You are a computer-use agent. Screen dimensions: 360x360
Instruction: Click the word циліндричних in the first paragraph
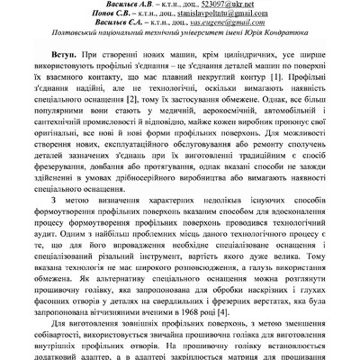click(208, 57)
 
